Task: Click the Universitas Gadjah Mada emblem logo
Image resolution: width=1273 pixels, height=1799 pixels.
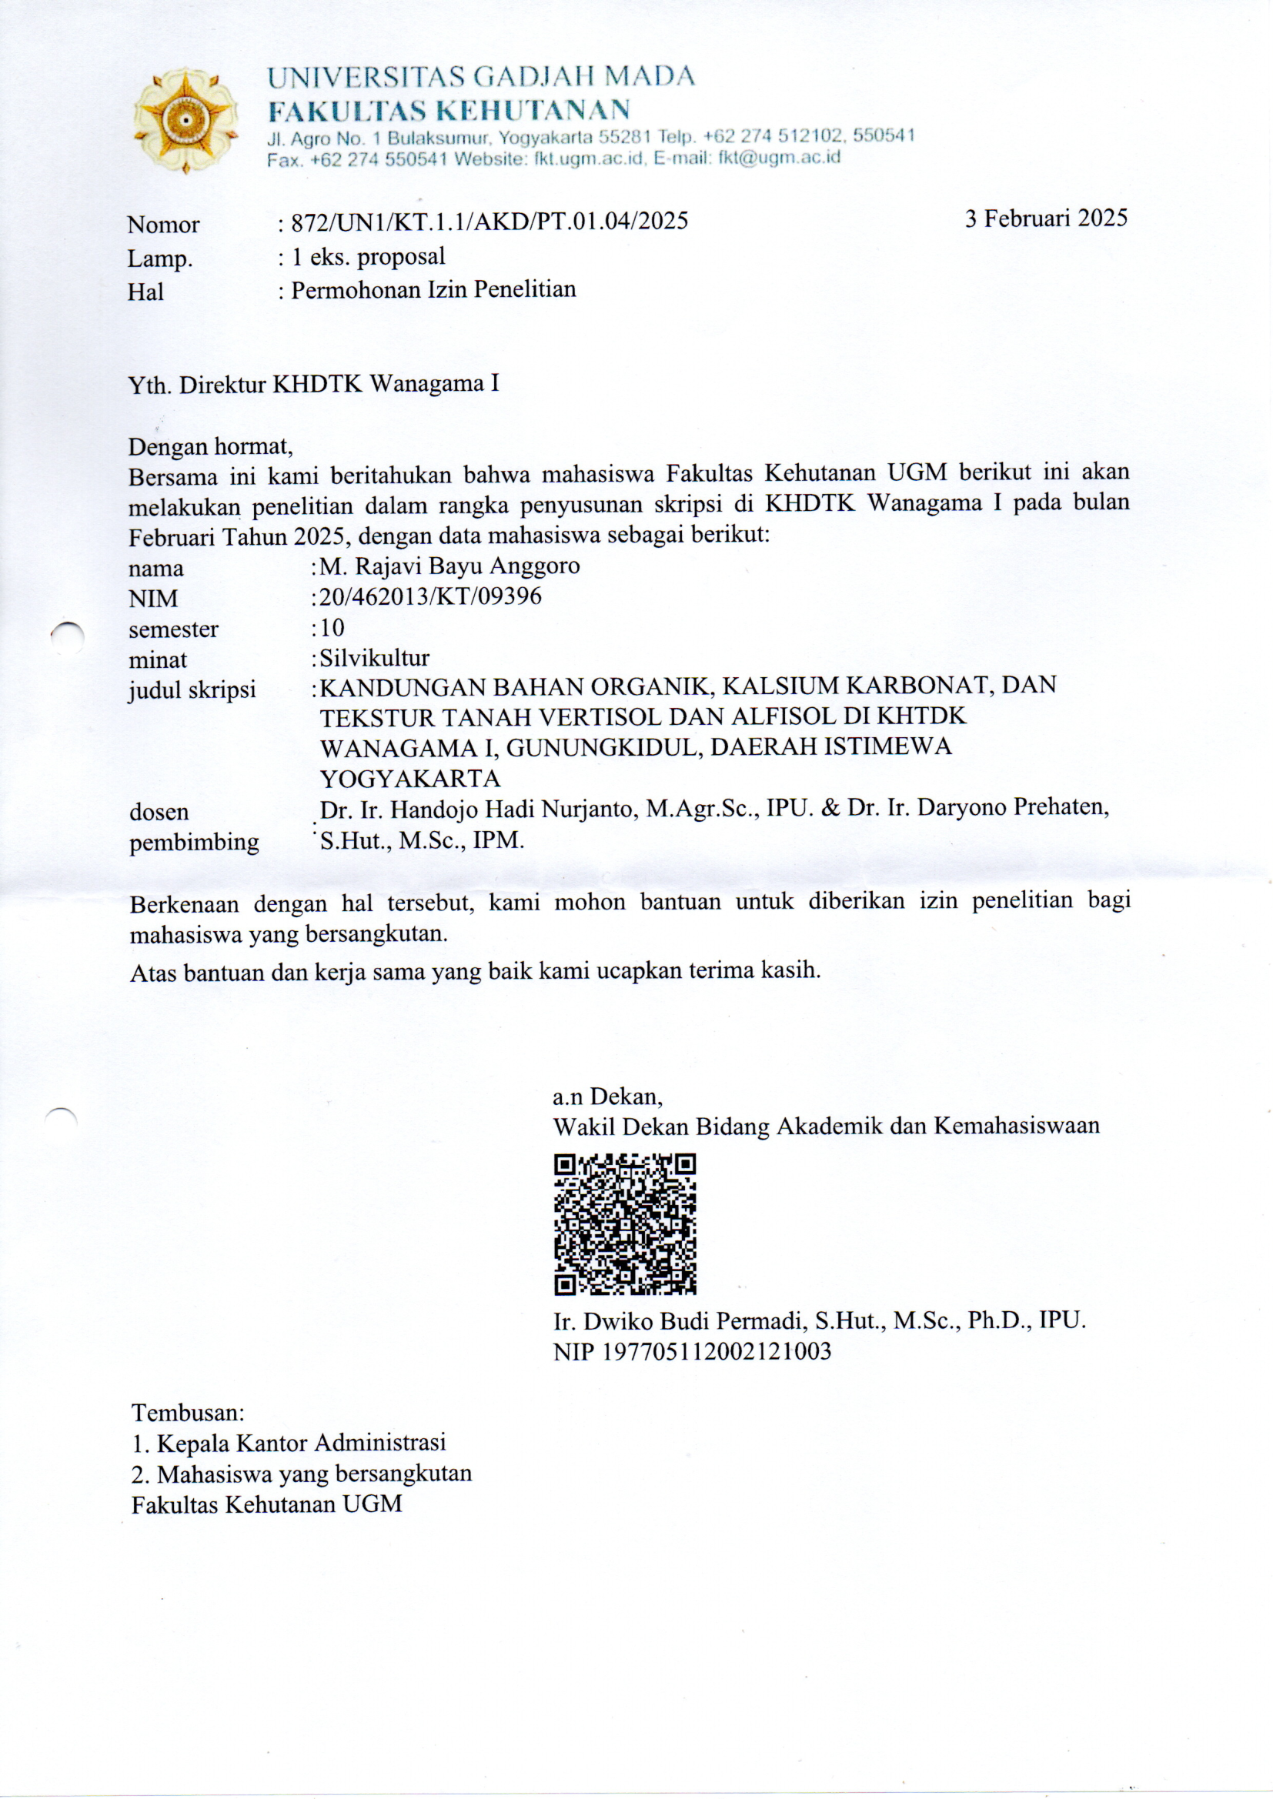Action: coord(185,121)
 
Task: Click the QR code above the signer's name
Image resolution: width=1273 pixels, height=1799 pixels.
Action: coord(625,1223)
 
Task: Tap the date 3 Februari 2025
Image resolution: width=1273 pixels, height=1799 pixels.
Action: coord(1046,218)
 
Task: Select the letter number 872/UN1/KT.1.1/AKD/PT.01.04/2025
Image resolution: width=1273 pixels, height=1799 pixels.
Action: coord(489,222)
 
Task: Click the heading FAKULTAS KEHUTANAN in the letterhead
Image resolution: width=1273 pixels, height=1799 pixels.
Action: coord(449,110)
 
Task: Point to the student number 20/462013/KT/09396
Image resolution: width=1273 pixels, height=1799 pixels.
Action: coord(430,596)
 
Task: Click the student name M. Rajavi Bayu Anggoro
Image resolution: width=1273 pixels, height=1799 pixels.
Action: coord(450,566)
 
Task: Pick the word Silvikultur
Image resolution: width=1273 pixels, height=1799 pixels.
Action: coord(374,657)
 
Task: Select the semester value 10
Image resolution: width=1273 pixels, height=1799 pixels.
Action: coord(332,627)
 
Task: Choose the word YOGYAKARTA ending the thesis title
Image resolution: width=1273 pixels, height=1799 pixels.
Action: coord(410,779)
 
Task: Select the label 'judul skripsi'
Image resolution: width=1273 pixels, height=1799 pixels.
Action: coord(192,689)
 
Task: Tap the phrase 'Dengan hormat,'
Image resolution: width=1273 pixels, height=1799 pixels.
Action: coord(210,446)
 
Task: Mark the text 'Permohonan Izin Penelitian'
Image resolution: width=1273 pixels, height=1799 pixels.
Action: coord(433,290)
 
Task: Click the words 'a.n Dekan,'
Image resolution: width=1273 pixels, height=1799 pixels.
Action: coord(607,1096)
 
